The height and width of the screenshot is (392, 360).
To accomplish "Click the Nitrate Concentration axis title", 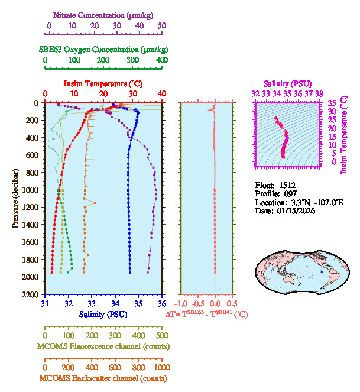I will [x=105, y=14].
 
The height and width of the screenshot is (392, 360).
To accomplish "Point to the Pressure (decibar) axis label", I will [x=15, y=198].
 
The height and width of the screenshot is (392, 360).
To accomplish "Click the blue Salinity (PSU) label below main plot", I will [x=103, y=314].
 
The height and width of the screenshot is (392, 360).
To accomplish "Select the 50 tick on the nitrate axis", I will [x=162, y=26].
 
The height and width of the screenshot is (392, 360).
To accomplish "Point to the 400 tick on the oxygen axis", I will [x=162, y=60].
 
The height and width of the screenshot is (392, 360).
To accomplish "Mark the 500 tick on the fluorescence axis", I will [x=162, y=335].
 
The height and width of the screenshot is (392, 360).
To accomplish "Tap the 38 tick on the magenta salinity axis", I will [x=319, y=93].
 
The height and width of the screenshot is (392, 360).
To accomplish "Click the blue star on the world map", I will [x=322, y=271].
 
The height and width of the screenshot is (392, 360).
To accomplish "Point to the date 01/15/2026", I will [x=299, y=210].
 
